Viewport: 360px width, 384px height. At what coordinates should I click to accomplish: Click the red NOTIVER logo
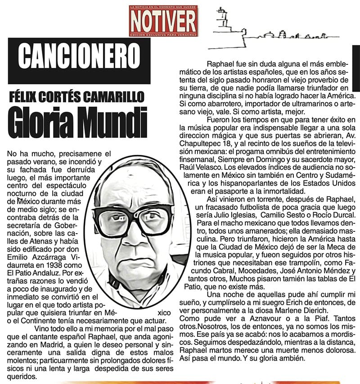[162, 20]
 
